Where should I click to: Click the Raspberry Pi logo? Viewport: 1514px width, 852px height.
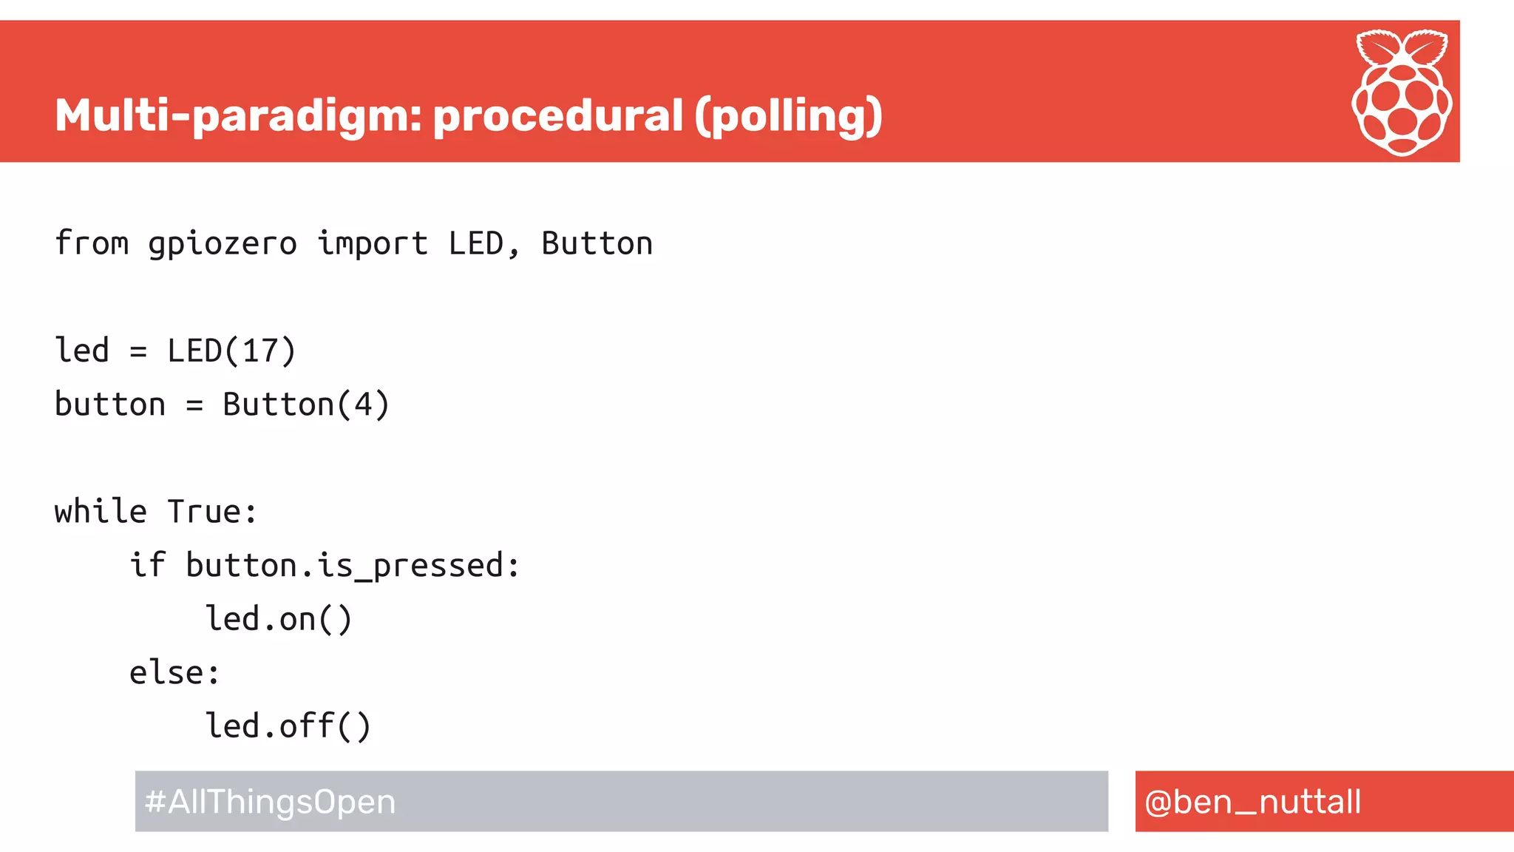click(x=1402, y=92)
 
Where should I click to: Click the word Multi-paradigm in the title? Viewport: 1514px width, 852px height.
click(x=237, y=116)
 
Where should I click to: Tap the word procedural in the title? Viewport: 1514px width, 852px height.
click(x=558, y=116)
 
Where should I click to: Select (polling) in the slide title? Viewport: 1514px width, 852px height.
click(x=788, y=116)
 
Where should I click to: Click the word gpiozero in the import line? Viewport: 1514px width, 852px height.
click(x=223, y=244)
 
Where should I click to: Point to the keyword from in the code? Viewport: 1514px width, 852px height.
click(x=92, y=243)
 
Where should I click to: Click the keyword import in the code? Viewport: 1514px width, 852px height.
click(x=373, y=244)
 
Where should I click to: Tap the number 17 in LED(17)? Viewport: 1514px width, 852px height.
click(x=259, y=351)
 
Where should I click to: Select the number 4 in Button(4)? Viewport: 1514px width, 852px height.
click(x=362, y=405)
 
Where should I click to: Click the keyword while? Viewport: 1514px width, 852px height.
click(x=101, y=511)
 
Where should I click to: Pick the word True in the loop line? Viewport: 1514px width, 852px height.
click(x=204, y=511)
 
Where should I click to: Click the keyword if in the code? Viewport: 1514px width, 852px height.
click(x=148, y=564)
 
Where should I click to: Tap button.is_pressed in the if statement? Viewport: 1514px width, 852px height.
click(x=344, y=566)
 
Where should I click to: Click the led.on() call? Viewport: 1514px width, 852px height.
click(x=279, y=619)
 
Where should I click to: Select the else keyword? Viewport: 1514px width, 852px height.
click(x=166, y=672)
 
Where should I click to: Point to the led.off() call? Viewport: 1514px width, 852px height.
click(x=288, y=726)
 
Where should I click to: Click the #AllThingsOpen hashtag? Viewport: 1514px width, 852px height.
click(x=271, y=802)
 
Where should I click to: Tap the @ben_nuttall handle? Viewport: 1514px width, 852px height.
click(x=1252, y=802)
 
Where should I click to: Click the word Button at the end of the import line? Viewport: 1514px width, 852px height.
click(x=597, y=243)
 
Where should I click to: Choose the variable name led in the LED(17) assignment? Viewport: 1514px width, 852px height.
click(x=82, y=351)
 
